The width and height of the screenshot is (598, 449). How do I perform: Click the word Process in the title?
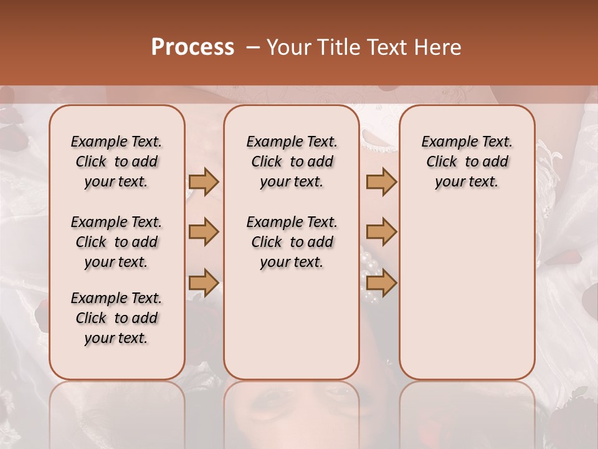tap(192, 47)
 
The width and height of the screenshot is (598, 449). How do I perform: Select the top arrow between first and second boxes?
tap(204, 181)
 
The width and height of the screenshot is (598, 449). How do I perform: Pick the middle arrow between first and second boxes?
tap(204, 232)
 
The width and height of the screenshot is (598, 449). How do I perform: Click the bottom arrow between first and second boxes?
tap(204, 282)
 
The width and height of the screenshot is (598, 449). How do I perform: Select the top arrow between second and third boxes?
tap(381, 181)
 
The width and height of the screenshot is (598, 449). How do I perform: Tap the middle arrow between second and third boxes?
tap(381, 232)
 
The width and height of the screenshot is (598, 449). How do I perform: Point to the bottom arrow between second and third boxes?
tap(381, 282)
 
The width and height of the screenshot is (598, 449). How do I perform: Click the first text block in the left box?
tap(116, 162)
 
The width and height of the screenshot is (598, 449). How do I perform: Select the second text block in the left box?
tap(116, 242)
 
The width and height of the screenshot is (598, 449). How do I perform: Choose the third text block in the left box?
tap(116, 318)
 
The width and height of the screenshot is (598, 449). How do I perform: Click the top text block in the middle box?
tap(292, 162)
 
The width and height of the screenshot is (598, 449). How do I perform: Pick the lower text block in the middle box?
tap(292, 242)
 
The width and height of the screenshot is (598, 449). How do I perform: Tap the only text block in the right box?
tap(467, 162)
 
